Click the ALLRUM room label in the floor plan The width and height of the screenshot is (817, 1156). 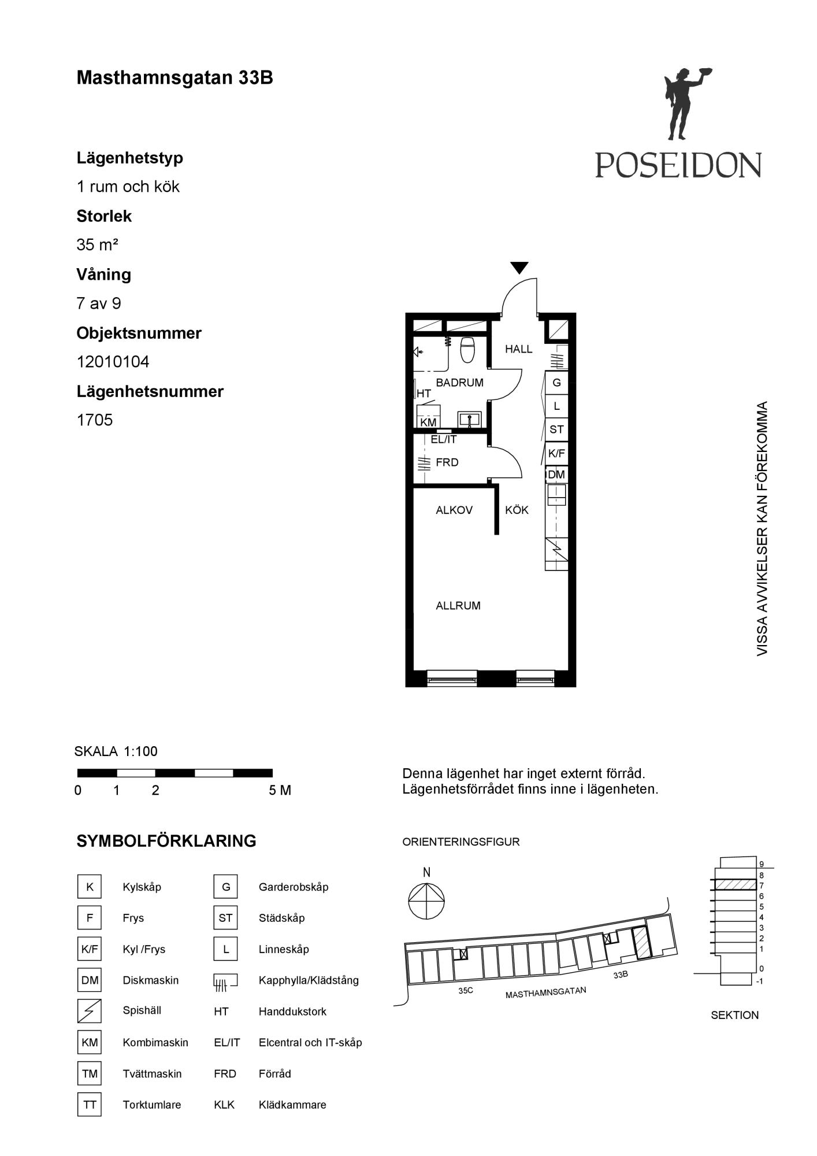click(x=458, y=606)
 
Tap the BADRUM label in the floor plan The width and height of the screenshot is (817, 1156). click(x=459, y=383)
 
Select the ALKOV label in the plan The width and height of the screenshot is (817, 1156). click(x=454, y=510)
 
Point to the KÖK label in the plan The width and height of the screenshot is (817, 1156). click(x=517, y=510)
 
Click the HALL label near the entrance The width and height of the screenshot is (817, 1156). click(x=518, y=349)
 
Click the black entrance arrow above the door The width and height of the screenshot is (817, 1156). click(x=519, y=268)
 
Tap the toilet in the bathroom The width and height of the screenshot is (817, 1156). click(x=467, y=350)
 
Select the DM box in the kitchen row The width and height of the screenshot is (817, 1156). click(x=556, y=475)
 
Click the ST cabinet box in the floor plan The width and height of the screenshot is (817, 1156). click(x=556, y=429)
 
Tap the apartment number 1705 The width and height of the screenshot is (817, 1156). click(x=95, y=420)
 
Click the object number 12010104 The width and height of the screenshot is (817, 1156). click(x=113, y=362)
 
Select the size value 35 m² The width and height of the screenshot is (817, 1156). click(x=97, y=244)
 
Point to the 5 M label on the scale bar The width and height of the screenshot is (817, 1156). click(x=280, y=790)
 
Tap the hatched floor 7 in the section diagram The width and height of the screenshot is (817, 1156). click(x=736, y=884)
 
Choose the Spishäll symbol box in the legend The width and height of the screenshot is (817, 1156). click(x=90, y=1011)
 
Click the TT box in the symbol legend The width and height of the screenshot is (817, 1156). click(x=90, y=1105)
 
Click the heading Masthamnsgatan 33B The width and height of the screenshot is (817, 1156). click(x=174, y=78)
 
